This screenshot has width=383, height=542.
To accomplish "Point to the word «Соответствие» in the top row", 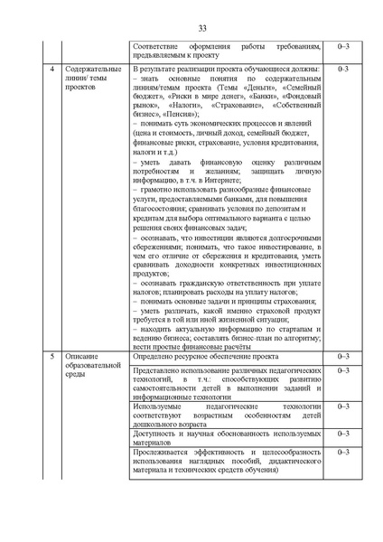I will click(153, 44).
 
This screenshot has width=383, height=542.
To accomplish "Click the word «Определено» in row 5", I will click(151, 357).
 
